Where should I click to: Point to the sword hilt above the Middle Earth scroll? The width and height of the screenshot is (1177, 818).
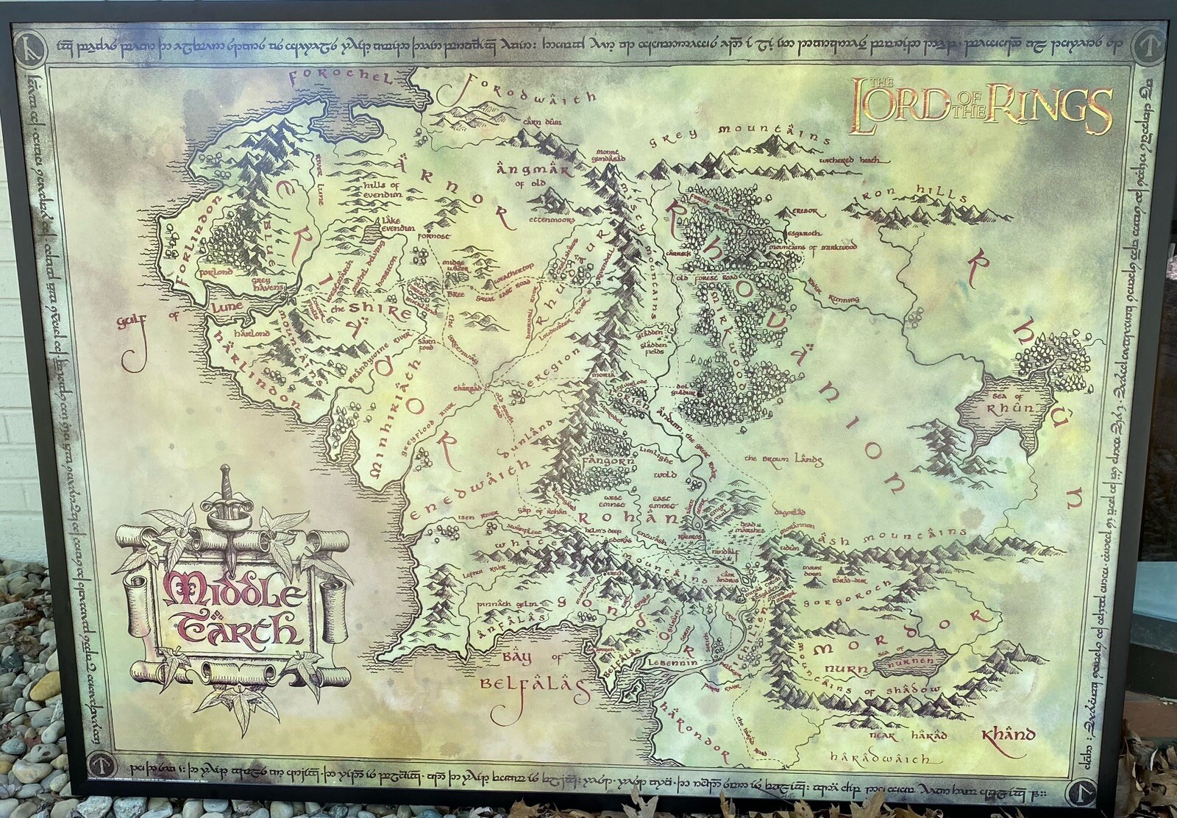pyautogui.click(x=226, y=499)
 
